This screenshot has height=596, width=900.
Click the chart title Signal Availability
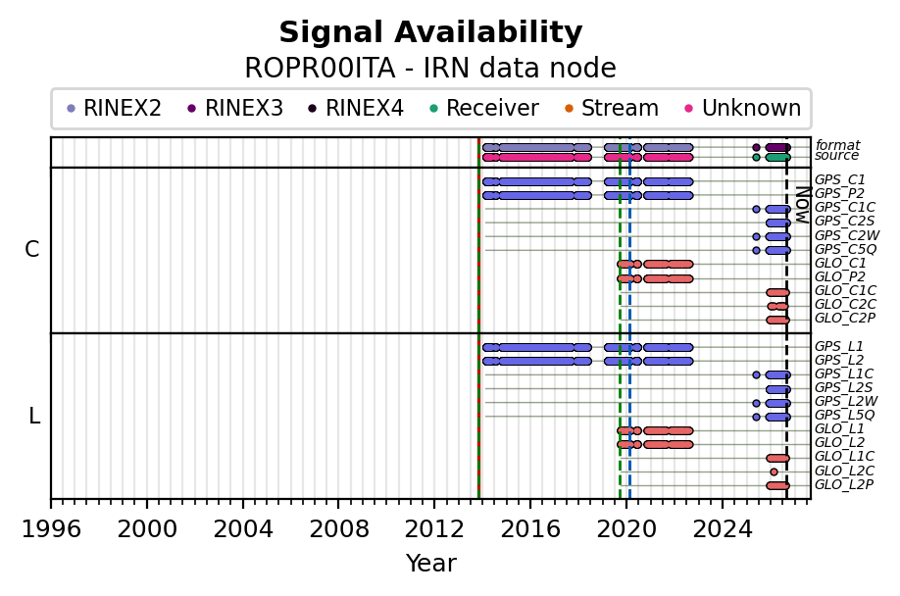pyautogui.click(x=430, y=32)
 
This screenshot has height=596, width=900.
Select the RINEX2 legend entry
pyautogui.click(x=115, y=108)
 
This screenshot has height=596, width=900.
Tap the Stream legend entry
pyautogui.click(x=612, y=108)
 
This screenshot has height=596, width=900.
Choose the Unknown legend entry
pyautogui.click(x=743, y=108)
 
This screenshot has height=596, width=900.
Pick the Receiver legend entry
pyautogui.click(x=484, y=108)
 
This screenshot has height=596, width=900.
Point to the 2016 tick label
pyautogui.click(x=529, y=529)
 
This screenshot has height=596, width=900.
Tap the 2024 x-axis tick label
pyautogui.click(x=723, y=529)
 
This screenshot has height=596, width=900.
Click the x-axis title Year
pyautogui.click(x=430, y=564)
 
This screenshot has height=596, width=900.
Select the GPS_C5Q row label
pyautogui.click(x=845, y=249)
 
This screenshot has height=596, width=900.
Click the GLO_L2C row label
pyautogui.click(x=844, y=471)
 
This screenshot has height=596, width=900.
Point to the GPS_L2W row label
pyautogui.click(x=846, y=401)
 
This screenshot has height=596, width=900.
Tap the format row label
pyautogui.click(x=837, y=145)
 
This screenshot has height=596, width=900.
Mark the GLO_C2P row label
pyautogui.click(x=845, y=318)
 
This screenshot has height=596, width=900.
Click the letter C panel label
pyautogui.click(x=32, y=250)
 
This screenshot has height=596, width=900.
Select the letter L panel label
pyautogui.click(x=34, y=416)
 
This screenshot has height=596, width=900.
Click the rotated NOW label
pyautogui.click(x=803, y=205)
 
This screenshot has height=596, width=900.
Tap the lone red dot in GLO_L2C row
pyautogui.click(x=774, y=472)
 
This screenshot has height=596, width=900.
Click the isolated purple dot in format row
pyautogui.click(x=756, y=147)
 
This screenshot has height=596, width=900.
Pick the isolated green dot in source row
pyautogui.click(x=756, y=157)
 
